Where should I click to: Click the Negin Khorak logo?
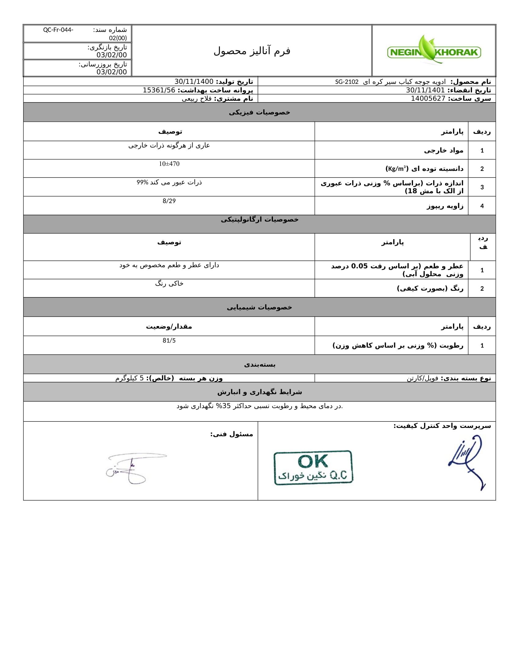[434, 51]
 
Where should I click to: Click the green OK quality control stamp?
[313, 468]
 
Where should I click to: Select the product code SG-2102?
[347, 82]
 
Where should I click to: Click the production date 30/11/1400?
[194, 82]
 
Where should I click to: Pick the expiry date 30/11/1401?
[425, 90]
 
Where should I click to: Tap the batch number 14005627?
[428, 99]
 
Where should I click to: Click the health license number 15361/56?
[159, 90]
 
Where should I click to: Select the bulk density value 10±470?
[169, 164]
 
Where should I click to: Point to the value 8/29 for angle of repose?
[169, 201]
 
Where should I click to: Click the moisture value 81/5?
[169, 340]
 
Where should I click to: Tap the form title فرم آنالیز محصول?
[252, 51]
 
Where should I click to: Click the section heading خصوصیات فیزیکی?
[259, 113]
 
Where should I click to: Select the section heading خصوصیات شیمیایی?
[259, 307]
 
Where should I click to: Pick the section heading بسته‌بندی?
[259, 365]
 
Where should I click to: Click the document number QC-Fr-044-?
[58, 30]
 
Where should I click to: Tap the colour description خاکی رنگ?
[169, 284]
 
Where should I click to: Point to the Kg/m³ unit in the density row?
[397, 169]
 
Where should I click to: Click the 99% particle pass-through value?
[142, 182]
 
